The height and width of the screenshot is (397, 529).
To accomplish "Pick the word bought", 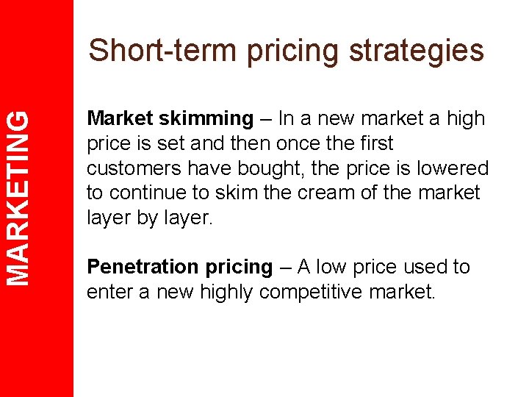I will click(x=277, y=168).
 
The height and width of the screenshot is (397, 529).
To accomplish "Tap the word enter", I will click(x=108, y=293).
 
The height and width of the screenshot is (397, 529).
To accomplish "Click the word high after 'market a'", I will click(x=465, y=118).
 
